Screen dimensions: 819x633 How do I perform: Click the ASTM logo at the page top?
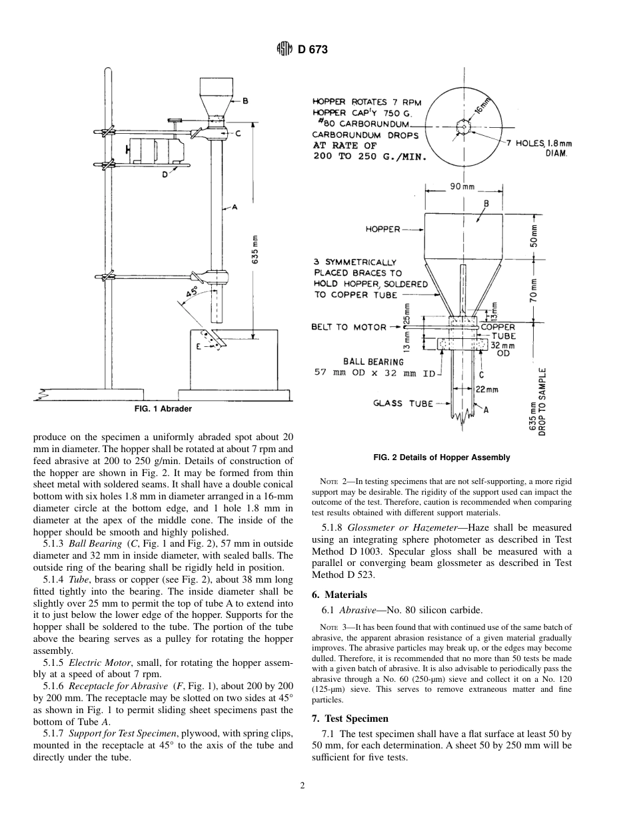point(285,49)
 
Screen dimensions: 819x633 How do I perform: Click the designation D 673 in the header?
point(313,49)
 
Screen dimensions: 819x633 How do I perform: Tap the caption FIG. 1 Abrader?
point(163,409)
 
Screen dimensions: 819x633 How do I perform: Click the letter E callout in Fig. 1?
point(199,346)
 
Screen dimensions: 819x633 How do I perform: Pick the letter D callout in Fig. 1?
point(165,175)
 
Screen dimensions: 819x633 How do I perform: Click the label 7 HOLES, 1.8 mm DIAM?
point(543,147)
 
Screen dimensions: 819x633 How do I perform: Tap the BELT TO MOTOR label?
point(348,327)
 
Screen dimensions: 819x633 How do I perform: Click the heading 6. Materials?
point(339,595)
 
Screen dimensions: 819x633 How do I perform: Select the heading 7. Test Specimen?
point(350,718)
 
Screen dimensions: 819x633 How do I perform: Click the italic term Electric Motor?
point(97,663)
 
